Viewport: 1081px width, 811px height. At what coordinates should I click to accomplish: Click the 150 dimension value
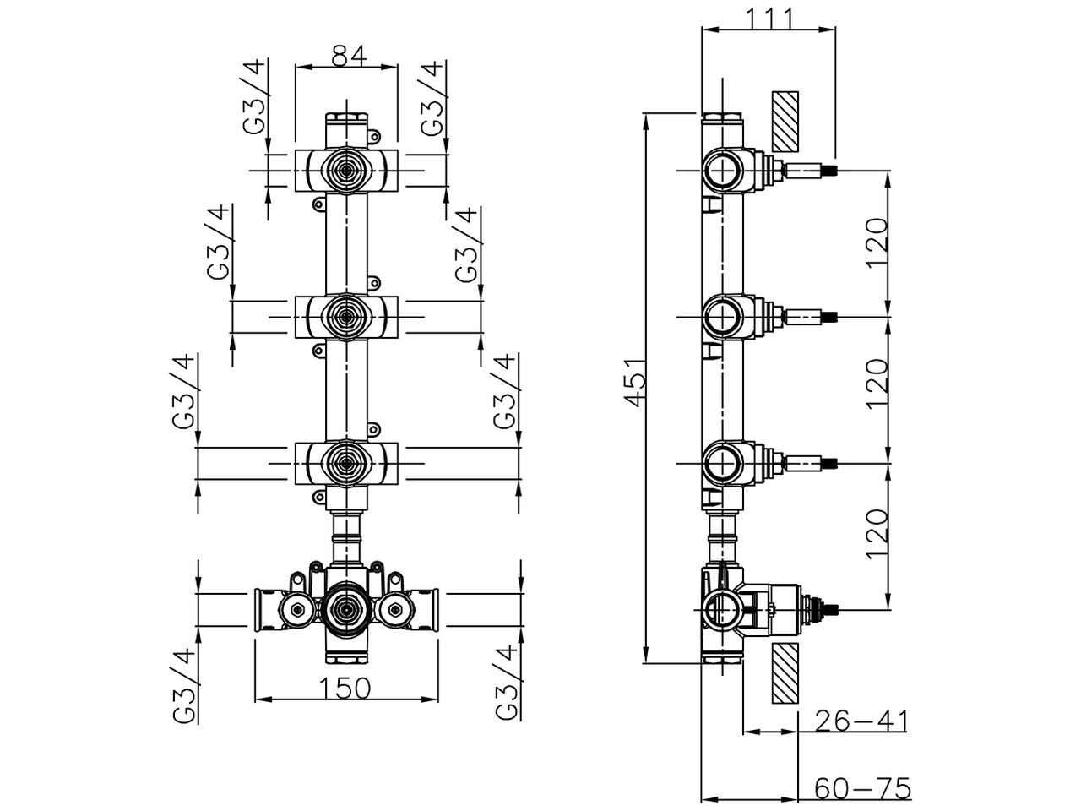[346, 689]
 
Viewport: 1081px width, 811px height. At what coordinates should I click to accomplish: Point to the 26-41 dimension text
[861, 721]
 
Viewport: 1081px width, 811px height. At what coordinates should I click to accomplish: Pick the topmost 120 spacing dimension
[877, 242]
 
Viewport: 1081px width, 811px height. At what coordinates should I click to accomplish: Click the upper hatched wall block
[785, 122]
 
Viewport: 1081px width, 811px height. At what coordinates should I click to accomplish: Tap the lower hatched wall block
[785, 673]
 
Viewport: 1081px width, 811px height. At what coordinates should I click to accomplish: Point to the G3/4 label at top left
[255, 97]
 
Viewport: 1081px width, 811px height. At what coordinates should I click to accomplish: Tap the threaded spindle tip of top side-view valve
[834, 171]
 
